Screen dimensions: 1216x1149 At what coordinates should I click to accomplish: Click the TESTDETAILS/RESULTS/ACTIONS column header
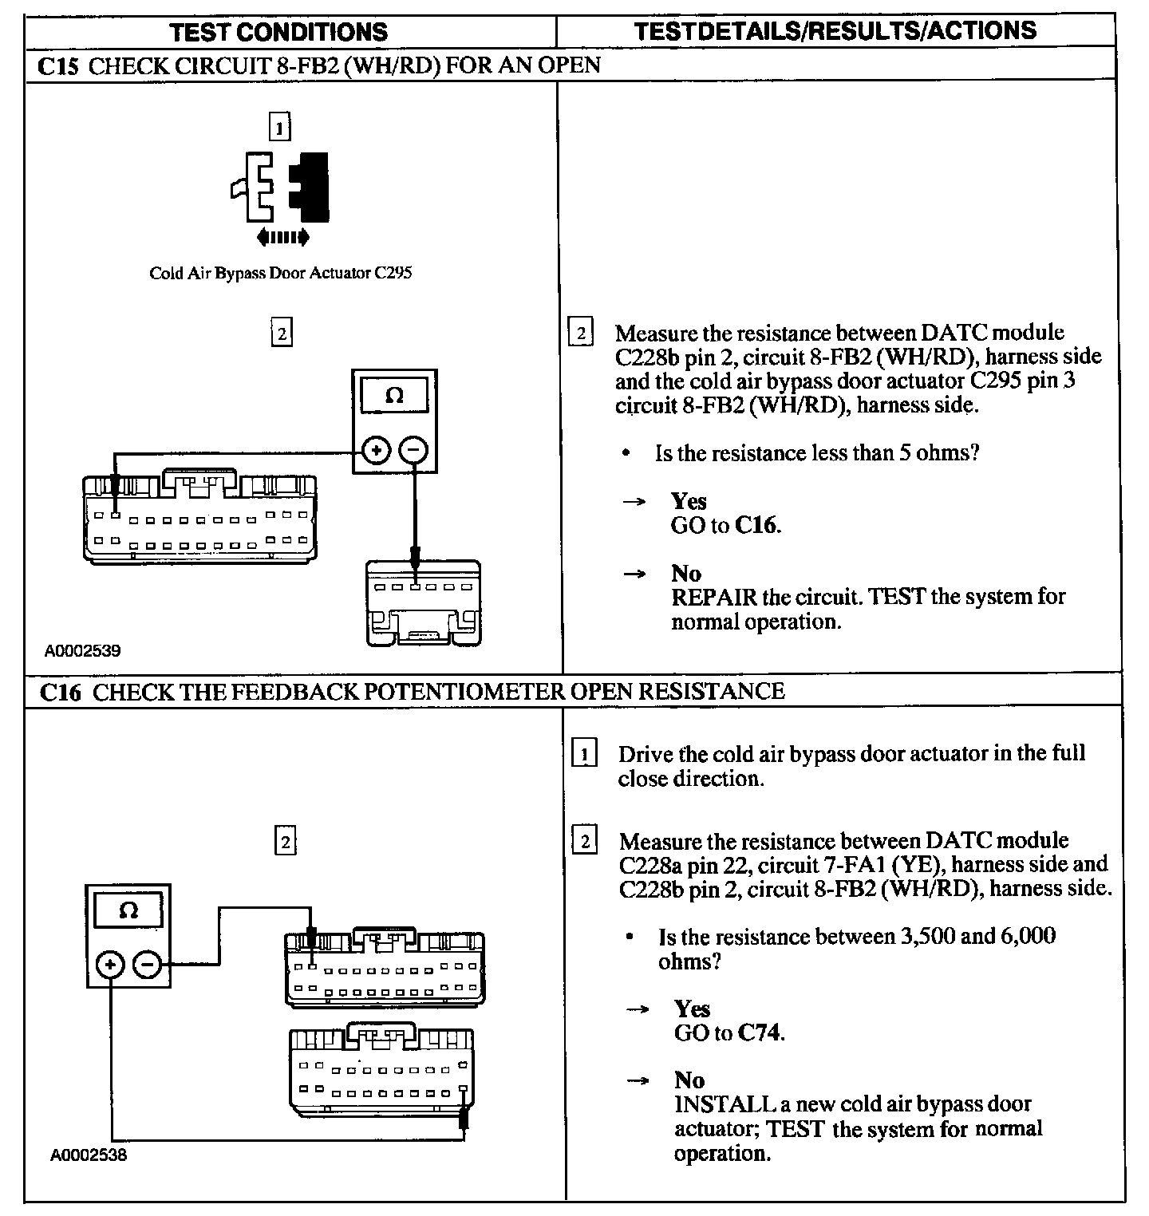(835, 31)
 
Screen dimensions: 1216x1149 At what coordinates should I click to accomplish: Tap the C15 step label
(58, 65)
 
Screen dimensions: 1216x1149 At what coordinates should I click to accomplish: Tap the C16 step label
(61, 692)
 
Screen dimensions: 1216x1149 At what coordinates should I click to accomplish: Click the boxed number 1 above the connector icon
(279, 128)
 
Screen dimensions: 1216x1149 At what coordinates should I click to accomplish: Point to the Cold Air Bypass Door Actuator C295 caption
(280, 273)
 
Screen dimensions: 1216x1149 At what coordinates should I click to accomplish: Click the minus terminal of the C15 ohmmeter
(413, 451)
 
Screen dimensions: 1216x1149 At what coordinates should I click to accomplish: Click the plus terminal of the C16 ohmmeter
(109, 965)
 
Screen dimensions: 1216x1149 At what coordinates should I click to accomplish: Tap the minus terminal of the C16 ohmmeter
(147, 965)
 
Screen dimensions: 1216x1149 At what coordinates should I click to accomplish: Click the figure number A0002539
(82, 651)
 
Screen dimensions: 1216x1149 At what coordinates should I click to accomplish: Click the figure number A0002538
(88, 1155)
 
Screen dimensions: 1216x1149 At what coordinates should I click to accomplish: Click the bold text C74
(760, 1032)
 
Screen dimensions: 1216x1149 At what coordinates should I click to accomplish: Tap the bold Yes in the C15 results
(689, 501)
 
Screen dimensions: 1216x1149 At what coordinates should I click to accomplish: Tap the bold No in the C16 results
(689, 1080)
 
